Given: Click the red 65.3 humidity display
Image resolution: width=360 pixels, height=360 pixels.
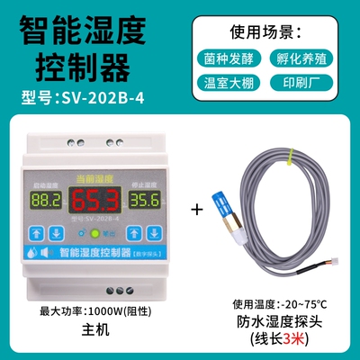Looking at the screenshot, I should [90, 200].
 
